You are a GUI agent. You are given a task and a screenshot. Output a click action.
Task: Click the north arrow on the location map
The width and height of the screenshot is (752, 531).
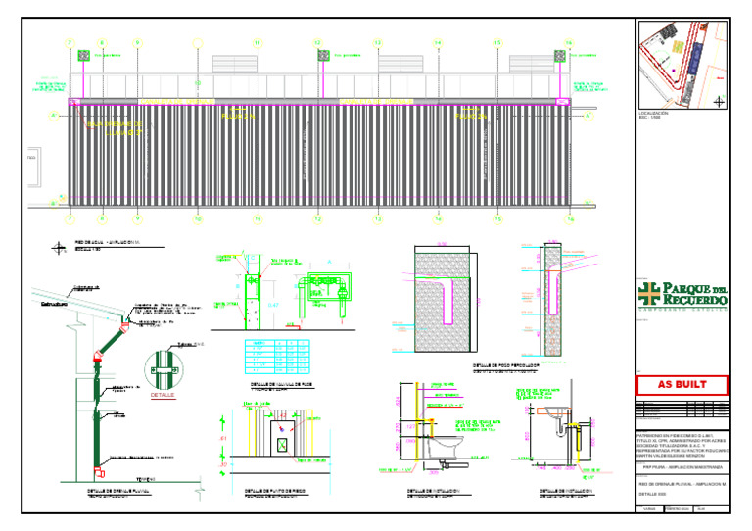(x=720, y=101)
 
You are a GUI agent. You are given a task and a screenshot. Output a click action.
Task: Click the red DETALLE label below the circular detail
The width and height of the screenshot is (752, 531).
(x=163, y=396)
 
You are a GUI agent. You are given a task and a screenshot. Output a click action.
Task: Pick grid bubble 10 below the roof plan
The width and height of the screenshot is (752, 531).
(x=198, y=219)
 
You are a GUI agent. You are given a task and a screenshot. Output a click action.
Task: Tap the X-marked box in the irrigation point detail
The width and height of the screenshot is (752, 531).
(x=282, y=443)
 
